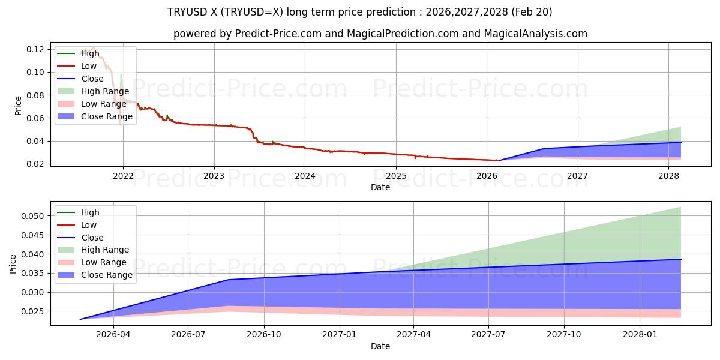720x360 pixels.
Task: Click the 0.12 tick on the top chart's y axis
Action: pyautogui.click(x=35, y=49)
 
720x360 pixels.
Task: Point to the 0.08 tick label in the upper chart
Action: pyautogui.click(x=35, y=95)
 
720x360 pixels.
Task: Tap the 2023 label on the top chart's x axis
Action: pyautogui.click(x=214, y=176)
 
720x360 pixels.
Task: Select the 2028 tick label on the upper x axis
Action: pyautogui.click(x=668, y=176)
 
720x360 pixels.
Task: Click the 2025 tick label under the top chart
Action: pyautogui.click(x=396, y=176)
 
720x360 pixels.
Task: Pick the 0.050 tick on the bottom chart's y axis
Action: pyautogui.click(x=32, y=216)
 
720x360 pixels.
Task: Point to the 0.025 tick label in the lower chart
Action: pyautogui.click(x=32, y=311)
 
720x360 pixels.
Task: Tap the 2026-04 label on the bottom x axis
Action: pyautogui.click(x=113, y=335)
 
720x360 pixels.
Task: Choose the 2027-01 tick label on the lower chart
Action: pyautogui.click(x=340, y=335)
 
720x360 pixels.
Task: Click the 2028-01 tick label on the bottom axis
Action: pyautogui.click(x=640, y=335)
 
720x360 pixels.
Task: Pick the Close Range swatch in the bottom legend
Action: pyautogui.click(x=66, y=275)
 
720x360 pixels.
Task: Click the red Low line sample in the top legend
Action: pyautogui.click(x=66, y=66)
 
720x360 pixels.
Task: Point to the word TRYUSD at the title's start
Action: pyautogui.click(x=187, y=12)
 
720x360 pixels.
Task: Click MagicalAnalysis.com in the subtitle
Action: pyautogui.click(x=535, y=34)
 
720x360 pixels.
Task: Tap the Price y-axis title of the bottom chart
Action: pyautogui.click(x=13, y=264)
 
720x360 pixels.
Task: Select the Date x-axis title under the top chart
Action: pyautogui.click(x=380, y=187)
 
